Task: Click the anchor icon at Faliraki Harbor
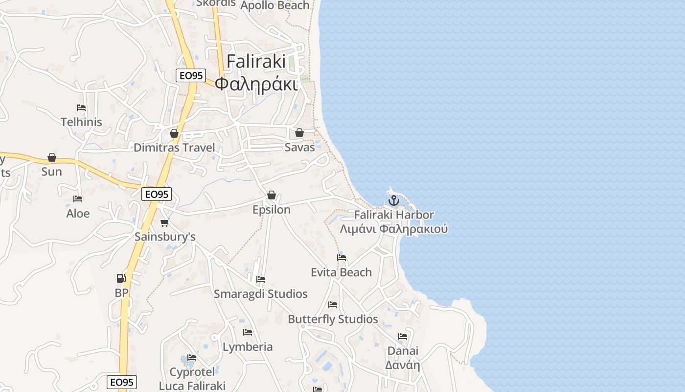(393, 200)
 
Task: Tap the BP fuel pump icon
(121, 278)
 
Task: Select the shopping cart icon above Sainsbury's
(164, 223)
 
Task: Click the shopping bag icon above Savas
(299, 133)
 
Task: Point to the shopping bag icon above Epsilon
(272, 195)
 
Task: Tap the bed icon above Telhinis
(81, 108)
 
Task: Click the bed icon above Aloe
(78, 199)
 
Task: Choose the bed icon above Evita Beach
(342, 258)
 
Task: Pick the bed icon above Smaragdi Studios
(261, 279)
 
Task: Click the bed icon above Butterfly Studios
(333, 305)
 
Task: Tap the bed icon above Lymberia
(248, 332)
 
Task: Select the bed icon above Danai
(403, 337)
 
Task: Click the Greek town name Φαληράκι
(256, 84)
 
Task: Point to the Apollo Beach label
(275, 5)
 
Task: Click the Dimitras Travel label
(174, 147)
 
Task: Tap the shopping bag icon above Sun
(52, 157)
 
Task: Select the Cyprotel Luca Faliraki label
(192, 379)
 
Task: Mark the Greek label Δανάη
(403, 365)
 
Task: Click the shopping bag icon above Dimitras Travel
(174, 133)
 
